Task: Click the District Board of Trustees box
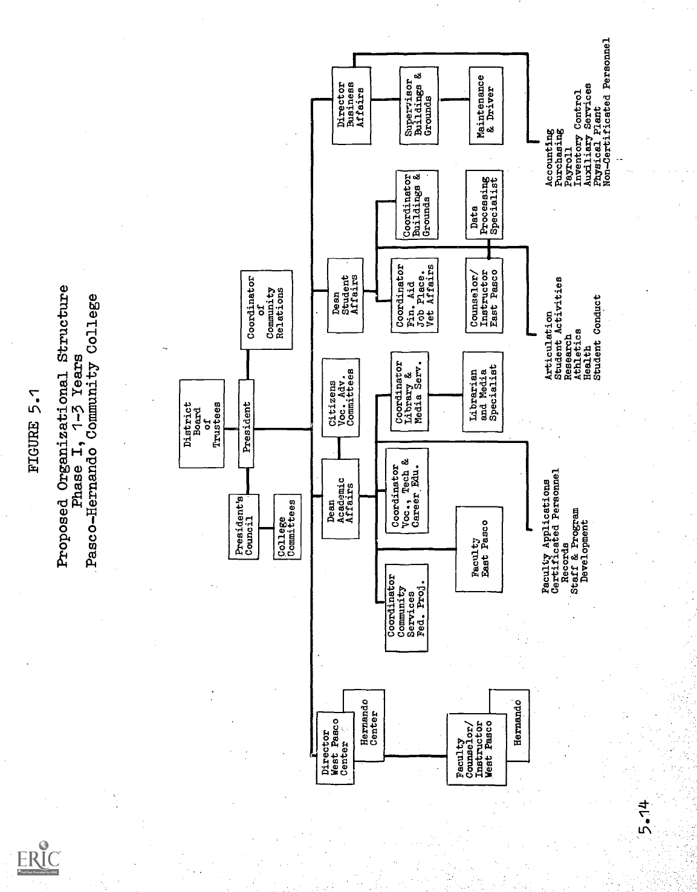(x=201, y=424)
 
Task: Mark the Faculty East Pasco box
(x=480, y=549)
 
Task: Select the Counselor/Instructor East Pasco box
(x=481, y=294)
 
